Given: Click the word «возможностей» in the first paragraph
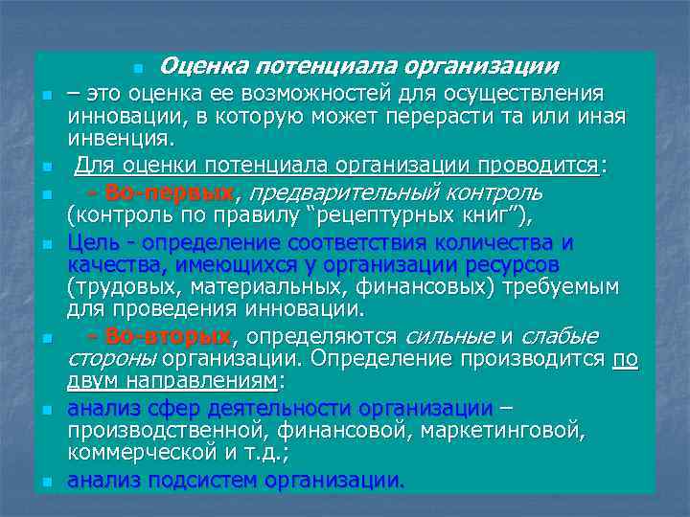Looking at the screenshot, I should (x=289, y=94).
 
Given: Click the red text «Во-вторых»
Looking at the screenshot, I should (x=169, y=336).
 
